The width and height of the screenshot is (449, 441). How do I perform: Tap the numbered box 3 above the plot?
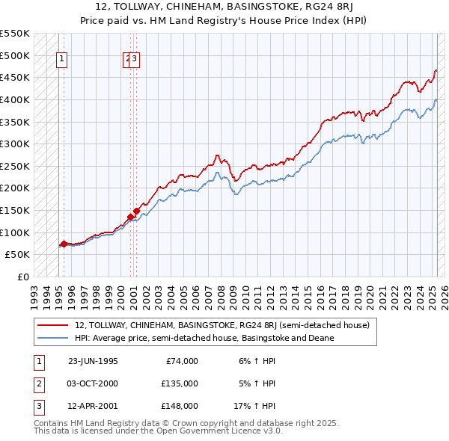pyautogui.click(x=136, y=61)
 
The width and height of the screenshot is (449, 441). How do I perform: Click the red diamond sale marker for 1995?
pyautogui.click(x=64, y=244)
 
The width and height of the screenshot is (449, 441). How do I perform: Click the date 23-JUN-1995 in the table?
pyautogui.click(x=93, y=361)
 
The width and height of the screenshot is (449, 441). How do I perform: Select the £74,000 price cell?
pyautogui.click(x=182, y=361)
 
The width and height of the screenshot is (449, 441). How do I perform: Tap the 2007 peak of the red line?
pyautogui.click(x=216, y=155)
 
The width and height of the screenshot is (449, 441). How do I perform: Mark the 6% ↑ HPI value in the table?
pyautogui.click(x=258, y=361)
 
